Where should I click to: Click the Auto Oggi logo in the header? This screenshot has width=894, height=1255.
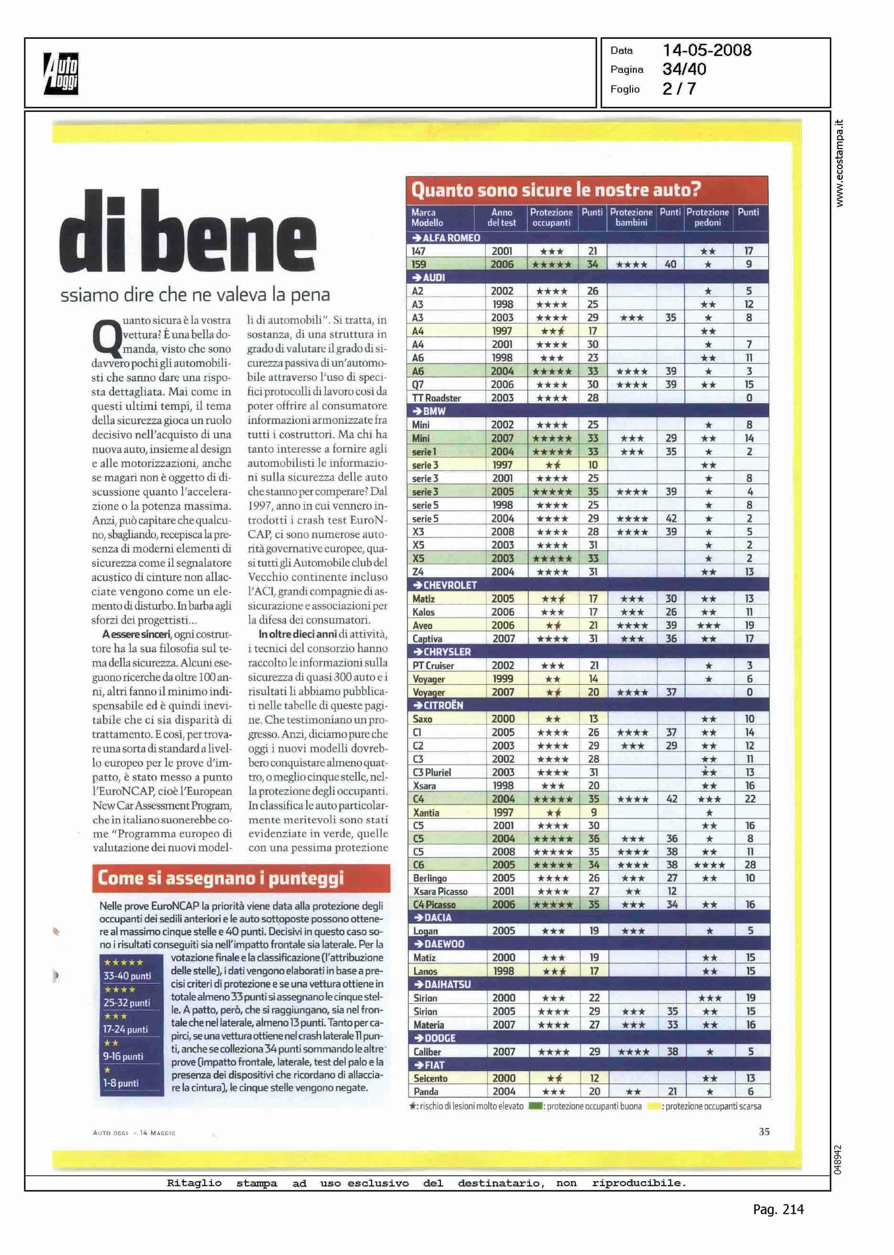coord(61,73)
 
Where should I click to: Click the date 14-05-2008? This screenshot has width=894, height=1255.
coord(706,51)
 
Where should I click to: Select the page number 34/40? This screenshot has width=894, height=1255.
coord(684,69)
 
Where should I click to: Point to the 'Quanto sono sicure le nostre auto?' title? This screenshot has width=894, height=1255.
coord(555,190)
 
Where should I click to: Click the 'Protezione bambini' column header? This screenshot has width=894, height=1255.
coord(631,217)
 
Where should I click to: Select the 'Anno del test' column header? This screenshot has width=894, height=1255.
coord(501,217)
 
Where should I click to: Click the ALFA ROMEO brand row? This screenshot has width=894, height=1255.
coord(451,238)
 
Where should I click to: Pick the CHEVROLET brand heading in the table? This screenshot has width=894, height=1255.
coord(450,585)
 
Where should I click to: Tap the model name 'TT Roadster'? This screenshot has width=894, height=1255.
coord(436,397)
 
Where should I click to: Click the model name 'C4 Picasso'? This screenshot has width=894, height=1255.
coord(434,904)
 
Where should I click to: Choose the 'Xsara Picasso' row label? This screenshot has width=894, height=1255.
coord(440,891)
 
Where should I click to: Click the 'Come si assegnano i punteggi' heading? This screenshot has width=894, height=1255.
coord(220,878)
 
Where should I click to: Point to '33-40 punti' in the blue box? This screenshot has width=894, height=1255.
coord(127,976)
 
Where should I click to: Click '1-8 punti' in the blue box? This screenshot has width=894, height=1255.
coord(121,1083)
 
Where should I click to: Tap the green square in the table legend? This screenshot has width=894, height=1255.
coord(534,1106)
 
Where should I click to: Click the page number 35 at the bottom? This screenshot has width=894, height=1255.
coord(764,1132)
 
